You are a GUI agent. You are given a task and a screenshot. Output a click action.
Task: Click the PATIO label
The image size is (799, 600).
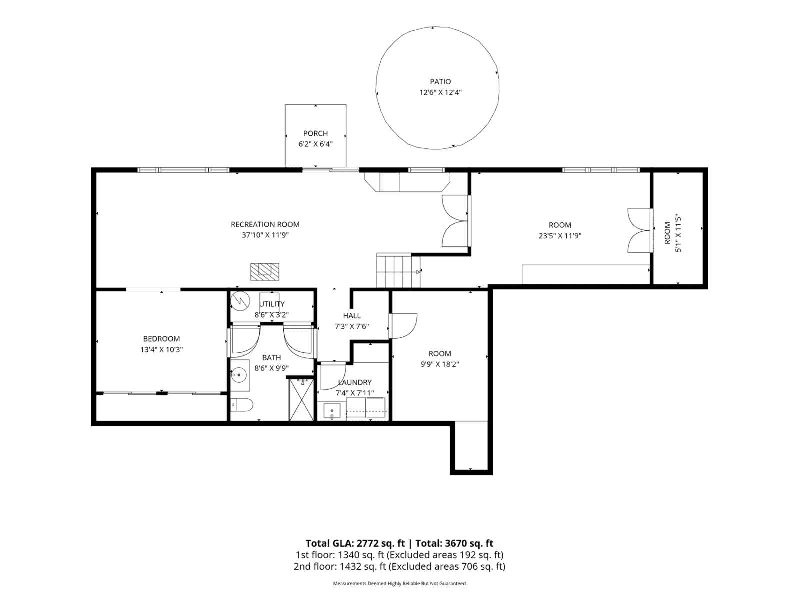pyautogui.click(x=440, y=82)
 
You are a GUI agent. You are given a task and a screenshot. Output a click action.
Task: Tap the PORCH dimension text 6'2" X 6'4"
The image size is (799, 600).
pyautogui.click(x=315, y=144)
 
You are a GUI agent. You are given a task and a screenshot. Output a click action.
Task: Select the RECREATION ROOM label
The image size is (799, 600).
pyautogui.click(x=265, y=224)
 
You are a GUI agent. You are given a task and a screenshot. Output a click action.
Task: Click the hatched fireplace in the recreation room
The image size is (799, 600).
pyautogui.click(x=265, y=272)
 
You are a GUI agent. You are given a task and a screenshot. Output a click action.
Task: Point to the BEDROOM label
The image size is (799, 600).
pyautogui.click(x=161, y=339)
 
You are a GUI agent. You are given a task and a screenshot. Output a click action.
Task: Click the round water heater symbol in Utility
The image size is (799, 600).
pyautogui.click(x=240, y=301)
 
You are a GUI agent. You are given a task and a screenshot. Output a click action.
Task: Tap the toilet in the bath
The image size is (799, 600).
pyautogui.click(x=242, y=405)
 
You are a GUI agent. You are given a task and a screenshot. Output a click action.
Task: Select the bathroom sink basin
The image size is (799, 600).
pyautogui.click(x=239, y=374)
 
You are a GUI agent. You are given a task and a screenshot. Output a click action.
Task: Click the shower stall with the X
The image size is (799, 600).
pyautogui.click(x=301, y=399)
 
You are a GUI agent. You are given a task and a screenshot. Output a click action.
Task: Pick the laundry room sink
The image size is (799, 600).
pyautogui.click(x=332, y=411)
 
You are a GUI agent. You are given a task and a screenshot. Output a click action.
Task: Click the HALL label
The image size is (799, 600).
pyautogui.click(x=352, y=315)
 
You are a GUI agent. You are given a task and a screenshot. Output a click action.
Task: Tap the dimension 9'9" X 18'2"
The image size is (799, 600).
pyautogui.click(x=440, y=364)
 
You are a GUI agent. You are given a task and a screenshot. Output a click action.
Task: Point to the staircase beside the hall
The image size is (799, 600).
pyautogui.click(x=398, y=271)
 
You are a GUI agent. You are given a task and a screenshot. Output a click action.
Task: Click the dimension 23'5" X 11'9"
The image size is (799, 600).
pyautogui.click(x=560, y=236)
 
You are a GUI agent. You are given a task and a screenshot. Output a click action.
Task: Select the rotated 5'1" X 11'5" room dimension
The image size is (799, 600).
pyautogui.click(x=678, y=234)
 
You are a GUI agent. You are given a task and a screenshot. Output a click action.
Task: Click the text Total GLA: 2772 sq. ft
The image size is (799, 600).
pyautogui.click(x=355, y=543)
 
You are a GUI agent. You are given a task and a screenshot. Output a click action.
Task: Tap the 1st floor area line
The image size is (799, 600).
pyautogui.click(x=399, y=555)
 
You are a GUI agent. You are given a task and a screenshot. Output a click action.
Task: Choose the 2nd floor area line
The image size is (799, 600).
pyautogui.click(x=399, y=566)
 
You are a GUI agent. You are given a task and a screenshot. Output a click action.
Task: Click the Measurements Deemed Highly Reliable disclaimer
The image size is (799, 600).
pyautogui.click(x=399, y=583)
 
